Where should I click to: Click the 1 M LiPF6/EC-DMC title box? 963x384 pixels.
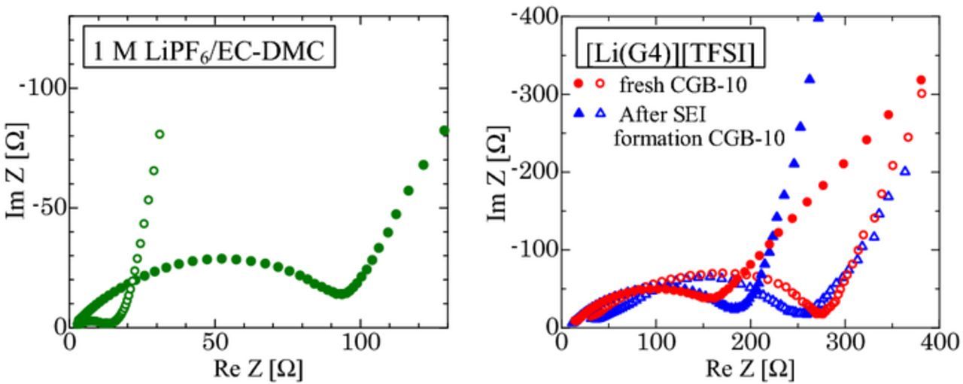[x=208, y=51]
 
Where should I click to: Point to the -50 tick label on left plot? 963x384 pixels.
[x=46, y=207]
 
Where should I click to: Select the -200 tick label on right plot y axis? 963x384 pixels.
[x=535, y=172]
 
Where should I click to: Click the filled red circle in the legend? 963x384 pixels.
[x=578, y=84]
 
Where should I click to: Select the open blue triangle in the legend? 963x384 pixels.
[x=600, y=114]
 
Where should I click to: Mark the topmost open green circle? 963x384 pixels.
[x=159, y=134]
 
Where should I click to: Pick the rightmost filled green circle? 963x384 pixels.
[x=444, y=130]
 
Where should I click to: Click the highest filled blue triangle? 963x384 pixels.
[x=819, y=17]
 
